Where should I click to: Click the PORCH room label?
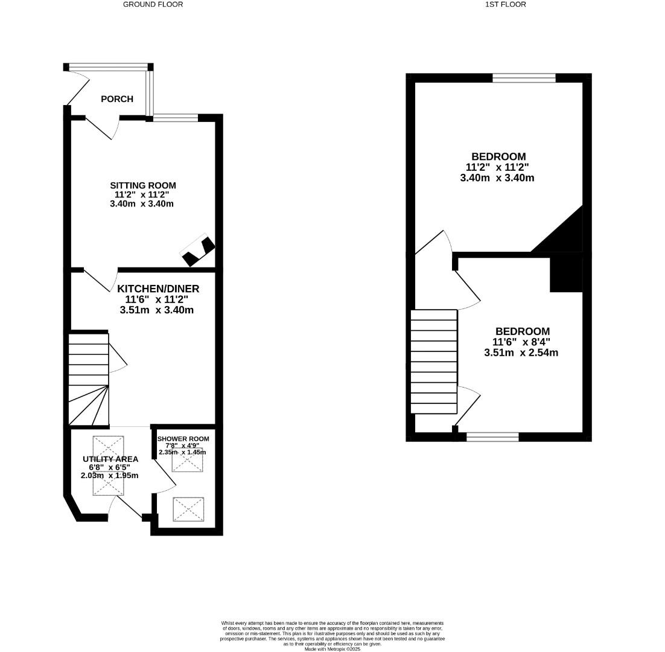[x=117, y=99]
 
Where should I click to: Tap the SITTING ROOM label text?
[x=143, y=185]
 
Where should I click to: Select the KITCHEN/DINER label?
[x=158, y=289]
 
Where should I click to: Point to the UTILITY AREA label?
[x=110, y=459]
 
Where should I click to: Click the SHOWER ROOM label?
[x=183, y=439]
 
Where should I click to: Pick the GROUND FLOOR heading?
[x=153, y=4]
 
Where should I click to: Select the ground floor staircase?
[x=88, y=379]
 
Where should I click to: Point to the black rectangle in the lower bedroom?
[x=566, y=275]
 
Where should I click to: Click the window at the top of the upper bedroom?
[x=524, y=77]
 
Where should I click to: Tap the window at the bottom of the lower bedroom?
[x=492, y=437]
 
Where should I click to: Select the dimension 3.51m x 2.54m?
[x=521, y=353]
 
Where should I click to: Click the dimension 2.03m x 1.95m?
[x=109, y=476]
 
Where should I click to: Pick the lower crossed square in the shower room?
[x=188, y=510]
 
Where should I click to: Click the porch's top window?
[x=108, y=67]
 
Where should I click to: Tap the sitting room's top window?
[x=176, y=118]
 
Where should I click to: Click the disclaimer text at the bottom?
[x=332, y=635]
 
